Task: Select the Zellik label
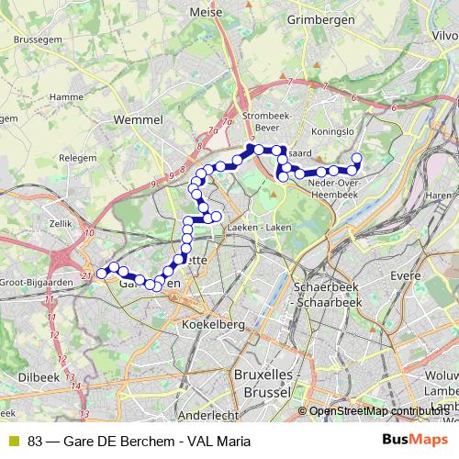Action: pyautogui.click(x=59, y=223)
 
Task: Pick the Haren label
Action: pyautogui.click(x=439, y=196)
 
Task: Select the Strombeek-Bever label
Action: pyautogui.click(x=268, y=121)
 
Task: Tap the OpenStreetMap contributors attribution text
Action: pyautogui.click(x=378, y=411)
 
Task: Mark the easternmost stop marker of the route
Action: pyautogui.click(x=356, y=159)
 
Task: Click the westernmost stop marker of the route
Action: pyautogui.click(x=102, y=273)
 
